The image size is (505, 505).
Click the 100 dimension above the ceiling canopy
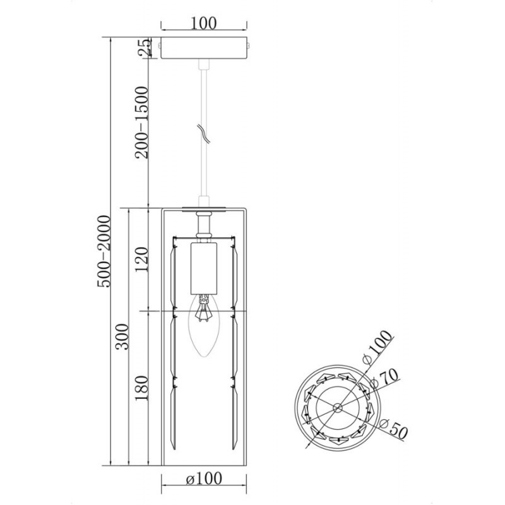(204, 23)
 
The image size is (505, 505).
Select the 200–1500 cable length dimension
(141, 122)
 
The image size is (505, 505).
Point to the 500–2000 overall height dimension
(104, 251)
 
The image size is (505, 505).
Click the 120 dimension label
(141, 259)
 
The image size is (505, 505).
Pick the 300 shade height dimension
(122, 337)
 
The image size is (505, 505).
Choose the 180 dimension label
(141, 388)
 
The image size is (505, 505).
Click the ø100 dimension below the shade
(204, 478)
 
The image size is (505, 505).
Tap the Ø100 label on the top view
(377, 347)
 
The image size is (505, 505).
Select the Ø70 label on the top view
(384, 379)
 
